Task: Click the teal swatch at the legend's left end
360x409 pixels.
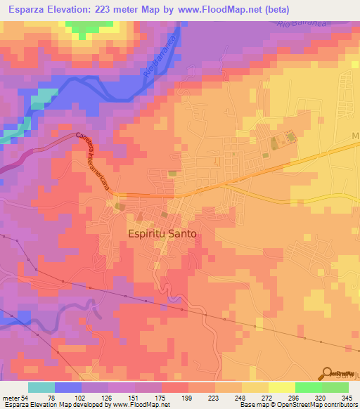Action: tap(41, 388)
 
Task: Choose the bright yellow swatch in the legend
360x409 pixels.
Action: tap(281, 388)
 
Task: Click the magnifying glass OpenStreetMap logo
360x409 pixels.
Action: tap(328, 373)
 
